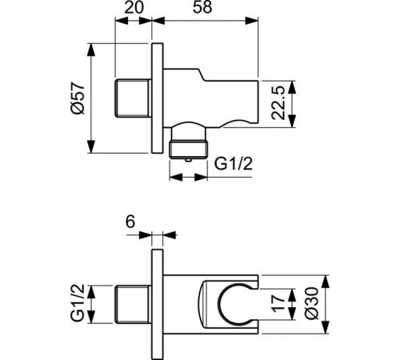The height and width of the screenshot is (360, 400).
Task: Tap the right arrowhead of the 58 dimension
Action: [x=255, y=25]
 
